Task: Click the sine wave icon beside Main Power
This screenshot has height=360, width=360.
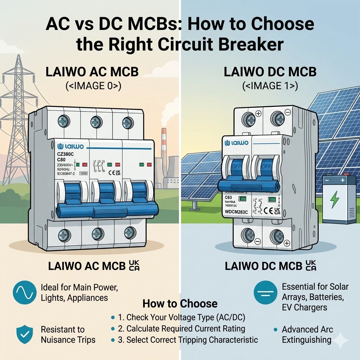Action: pos(25,292)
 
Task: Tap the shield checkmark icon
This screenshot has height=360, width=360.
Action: pos(25,334)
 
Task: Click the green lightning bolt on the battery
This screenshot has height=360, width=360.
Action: pos(335,199)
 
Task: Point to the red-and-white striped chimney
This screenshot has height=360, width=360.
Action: pos(164,148)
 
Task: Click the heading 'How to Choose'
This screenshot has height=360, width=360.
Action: pos(180,304)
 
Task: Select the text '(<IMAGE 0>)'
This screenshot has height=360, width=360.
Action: pos(92,86)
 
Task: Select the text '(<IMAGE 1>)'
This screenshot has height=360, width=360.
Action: pos(270,86)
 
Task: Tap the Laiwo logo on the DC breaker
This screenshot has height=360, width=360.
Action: pos(237,143)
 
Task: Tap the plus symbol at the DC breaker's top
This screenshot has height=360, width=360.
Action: pos(259,113)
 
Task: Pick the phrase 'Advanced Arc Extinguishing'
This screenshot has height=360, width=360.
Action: pos(307,335)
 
